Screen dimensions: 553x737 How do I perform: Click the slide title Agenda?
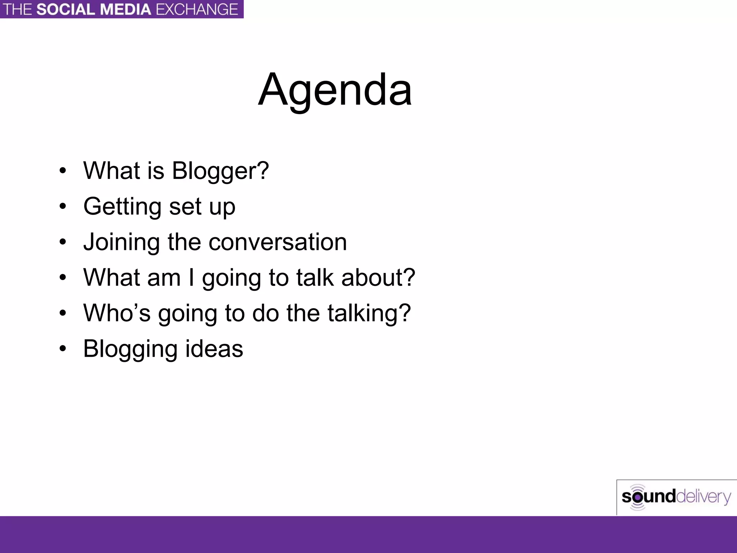335,90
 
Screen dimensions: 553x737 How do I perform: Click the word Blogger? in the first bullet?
220,171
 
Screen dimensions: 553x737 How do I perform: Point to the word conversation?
278,242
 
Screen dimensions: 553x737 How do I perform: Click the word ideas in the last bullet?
214,349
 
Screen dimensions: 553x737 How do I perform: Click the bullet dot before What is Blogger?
63,171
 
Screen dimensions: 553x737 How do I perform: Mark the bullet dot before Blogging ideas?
63,349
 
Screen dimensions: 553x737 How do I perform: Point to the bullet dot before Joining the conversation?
63,242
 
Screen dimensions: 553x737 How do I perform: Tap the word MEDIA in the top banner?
126,9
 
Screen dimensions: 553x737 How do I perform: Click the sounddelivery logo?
676,497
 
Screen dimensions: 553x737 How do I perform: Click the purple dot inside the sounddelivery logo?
638,497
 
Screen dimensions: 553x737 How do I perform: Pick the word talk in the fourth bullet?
315,278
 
